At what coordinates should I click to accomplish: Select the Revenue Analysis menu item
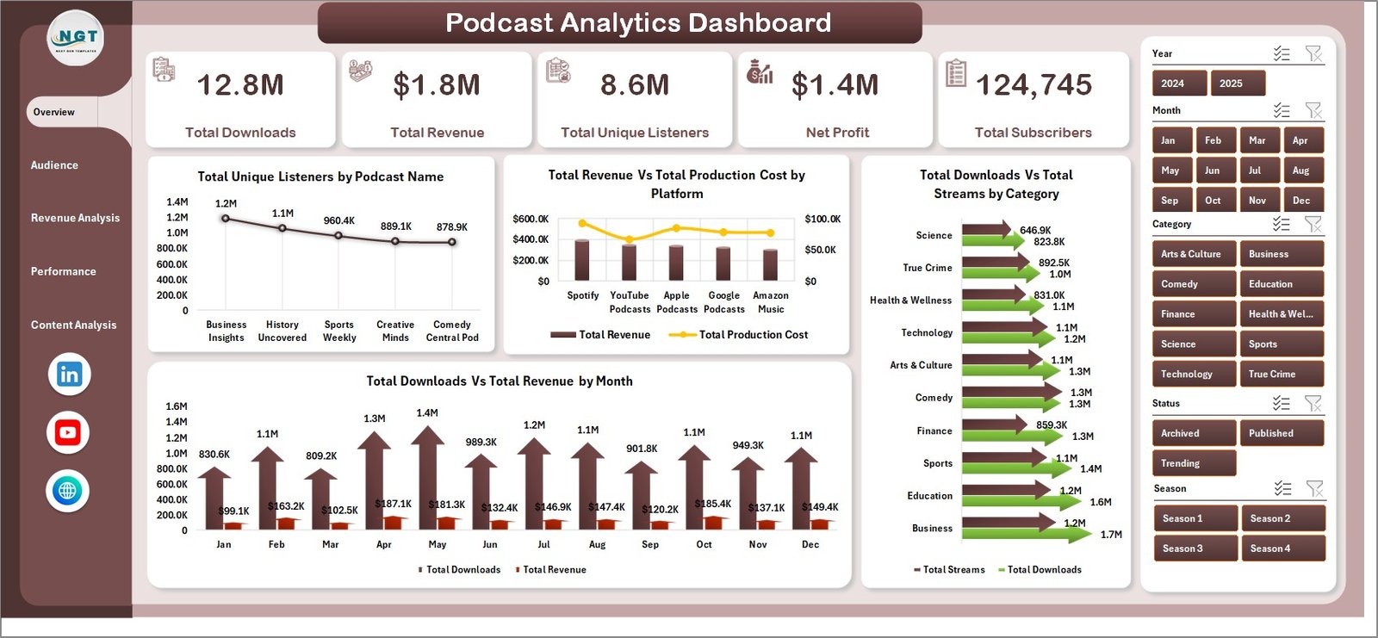[x=75, y=218]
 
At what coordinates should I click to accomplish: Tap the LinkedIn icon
[x=69, y=374]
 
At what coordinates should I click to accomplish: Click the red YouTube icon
[x=68, y=432]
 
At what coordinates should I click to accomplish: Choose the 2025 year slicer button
[x=1237, y=84]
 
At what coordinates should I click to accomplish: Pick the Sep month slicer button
[x=1170, y=201]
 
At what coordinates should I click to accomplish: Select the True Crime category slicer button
[x=1280, y=374]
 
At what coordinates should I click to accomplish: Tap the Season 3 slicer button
[x=1195, y=548]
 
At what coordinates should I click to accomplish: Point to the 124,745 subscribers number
[x=1033, y=85]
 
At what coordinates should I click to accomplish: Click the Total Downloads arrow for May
[x=427, y=478]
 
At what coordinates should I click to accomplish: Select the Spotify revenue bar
[x=582, y=259]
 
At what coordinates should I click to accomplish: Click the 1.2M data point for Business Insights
[x=226, y=219]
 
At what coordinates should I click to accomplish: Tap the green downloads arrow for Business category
[x=1025, y=535]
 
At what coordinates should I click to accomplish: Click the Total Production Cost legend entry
[x=752, y=335]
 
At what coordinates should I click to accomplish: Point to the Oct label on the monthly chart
[x=704, y=544]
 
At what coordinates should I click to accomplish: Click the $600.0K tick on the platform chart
[x=530, y=219]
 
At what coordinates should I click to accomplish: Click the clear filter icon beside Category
[x=1313, y=225]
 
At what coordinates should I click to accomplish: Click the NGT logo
[x=76, y=39]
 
